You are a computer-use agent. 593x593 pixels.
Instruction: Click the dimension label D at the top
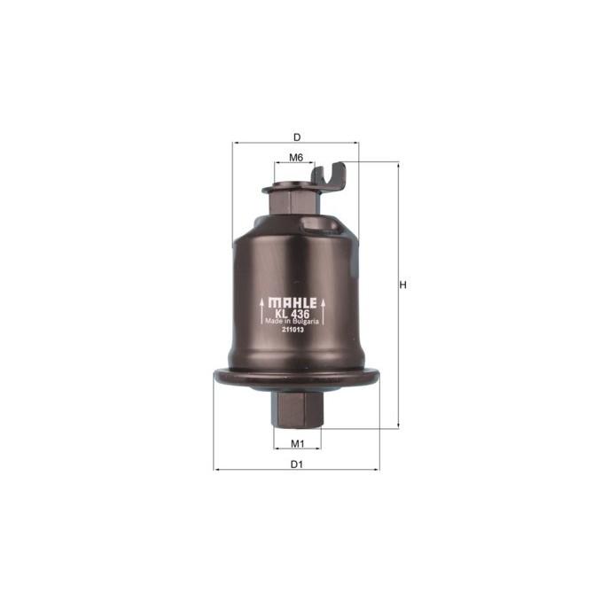297,137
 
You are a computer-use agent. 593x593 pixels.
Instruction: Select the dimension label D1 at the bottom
297,464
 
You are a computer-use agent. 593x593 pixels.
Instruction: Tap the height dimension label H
403,285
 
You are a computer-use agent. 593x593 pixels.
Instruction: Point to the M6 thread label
297,157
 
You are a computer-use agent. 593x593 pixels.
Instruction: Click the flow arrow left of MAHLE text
261,312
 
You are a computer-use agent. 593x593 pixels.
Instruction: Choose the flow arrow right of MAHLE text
326,312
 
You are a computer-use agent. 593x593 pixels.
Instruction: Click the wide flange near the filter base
296,378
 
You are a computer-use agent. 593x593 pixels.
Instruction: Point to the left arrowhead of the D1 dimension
216,469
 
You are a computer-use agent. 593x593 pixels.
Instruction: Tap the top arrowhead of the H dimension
396,165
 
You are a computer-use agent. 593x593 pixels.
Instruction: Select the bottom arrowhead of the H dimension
396,426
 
